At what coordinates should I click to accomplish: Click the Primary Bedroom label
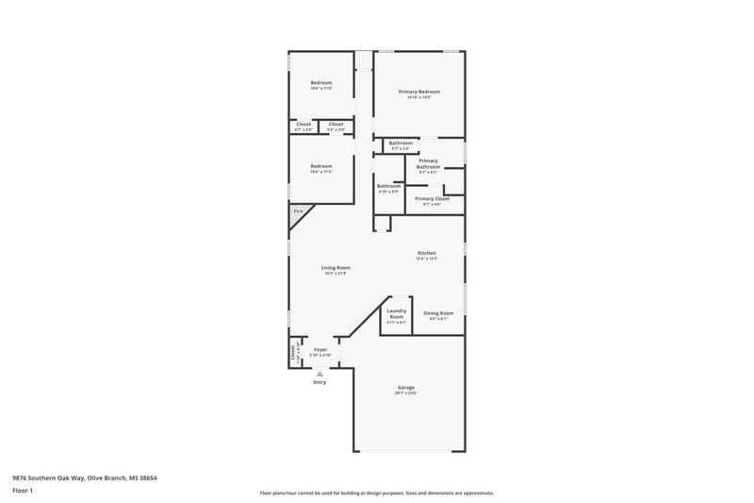419,92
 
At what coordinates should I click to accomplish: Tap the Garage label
406,387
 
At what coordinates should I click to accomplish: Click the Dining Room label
438,312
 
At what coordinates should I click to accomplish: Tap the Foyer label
320,349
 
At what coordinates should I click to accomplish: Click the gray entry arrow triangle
320,374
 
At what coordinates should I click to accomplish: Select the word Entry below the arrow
320,382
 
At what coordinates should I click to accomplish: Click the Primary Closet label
432,199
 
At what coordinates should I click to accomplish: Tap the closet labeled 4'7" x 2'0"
303,125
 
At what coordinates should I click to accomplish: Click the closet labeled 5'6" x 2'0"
336,125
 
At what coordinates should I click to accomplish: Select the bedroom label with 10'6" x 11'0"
321,83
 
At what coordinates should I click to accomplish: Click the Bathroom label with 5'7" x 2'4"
401,143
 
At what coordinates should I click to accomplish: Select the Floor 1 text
23,492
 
